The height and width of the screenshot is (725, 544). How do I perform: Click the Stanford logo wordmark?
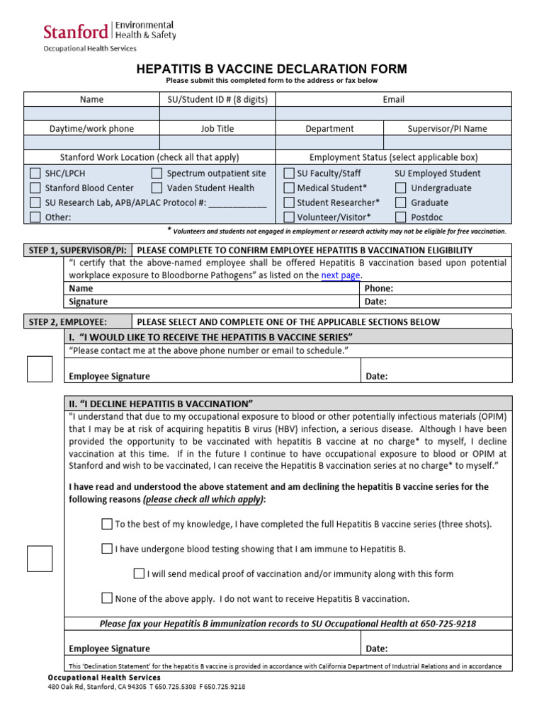tap(76, 31)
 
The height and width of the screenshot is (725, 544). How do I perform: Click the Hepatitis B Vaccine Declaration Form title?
tap(271, 69)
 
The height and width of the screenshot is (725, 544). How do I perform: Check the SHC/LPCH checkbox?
tap(35, 173)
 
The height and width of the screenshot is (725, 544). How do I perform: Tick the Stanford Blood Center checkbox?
tap(35, 188)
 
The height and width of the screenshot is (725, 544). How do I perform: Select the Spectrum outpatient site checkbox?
tap(157, 173)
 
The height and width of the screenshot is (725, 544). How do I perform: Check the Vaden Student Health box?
tap(157, 188)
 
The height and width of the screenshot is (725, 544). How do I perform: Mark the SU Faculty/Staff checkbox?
tap(288, 173)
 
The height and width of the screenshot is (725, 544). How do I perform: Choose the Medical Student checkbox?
tap(288, 188)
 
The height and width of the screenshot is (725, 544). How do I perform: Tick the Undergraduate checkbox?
tap(401, 188)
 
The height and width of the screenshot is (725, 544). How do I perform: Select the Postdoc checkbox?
tap(401, 217)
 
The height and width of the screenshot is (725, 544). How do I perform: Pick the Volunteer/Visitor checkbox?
tap(288, 217)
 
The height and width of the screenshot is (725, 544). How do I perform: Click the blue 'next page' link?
tap(341, 275)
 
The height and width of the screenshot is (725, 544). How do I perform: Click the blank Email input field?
tap(393, 114)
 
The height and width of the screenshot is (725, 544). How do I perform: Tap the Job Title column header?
tap(217, 129)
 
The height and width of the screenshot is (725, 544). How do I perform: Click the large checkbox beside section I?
tap(40, 369)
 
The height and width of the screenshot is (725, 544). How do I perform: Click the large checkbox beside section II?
tap(40, 559)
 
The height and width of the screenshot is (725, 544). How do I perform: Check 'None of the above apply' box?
tap(107, 598)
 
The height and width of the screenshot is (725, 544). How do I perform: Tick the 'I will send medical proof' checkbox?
tap(139, 573)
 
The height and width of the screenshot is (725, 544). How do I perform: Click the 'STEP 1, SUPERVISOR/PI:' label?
tap(77, 250)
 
